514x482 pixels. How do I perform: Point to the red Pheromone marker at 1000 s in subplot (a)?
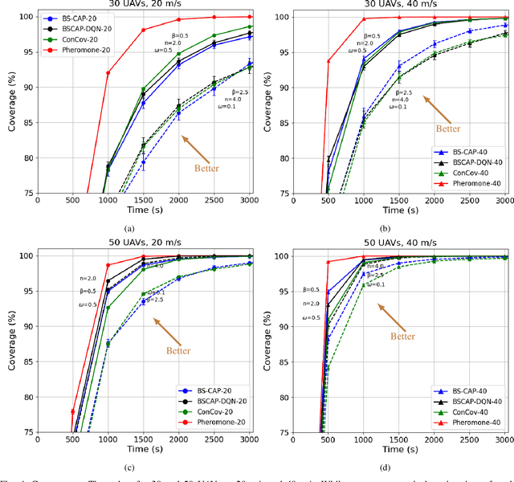[x=108, y=73]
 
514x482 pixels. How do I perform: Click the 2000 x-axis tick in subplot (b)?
[x=434, y=202]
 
